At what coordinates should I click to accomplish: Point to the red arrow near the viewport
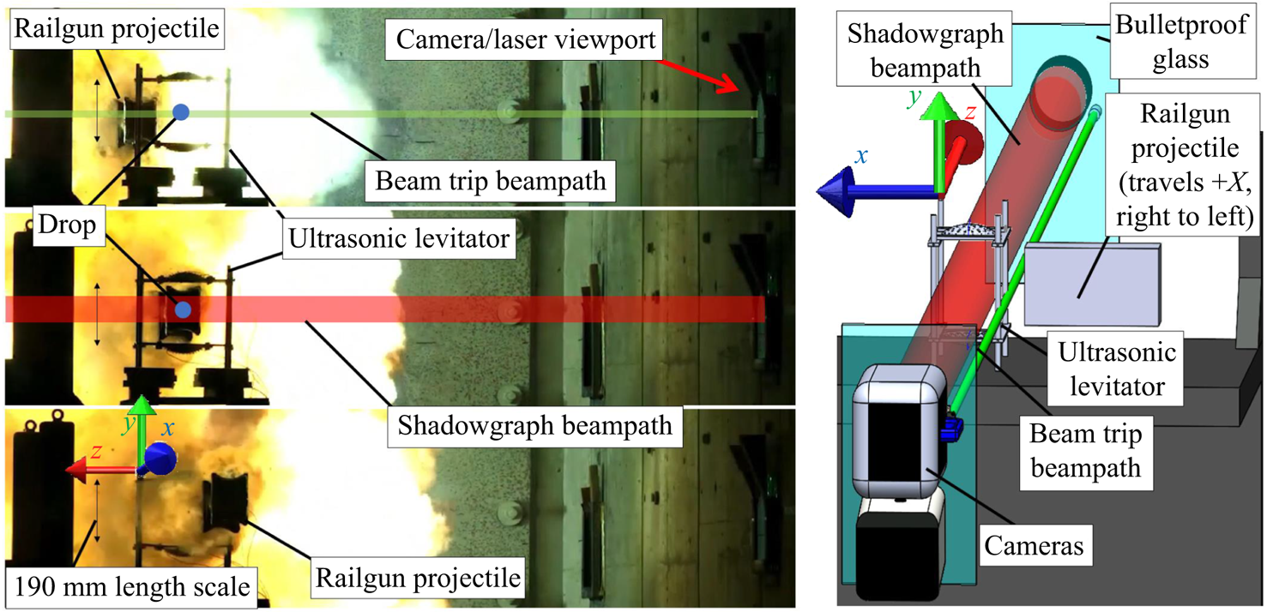click(705, 74)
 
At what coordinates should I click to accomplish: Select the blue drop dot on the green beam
click(180, 111)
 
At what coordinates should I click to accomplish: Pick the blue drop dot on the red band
click(182, 309)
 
